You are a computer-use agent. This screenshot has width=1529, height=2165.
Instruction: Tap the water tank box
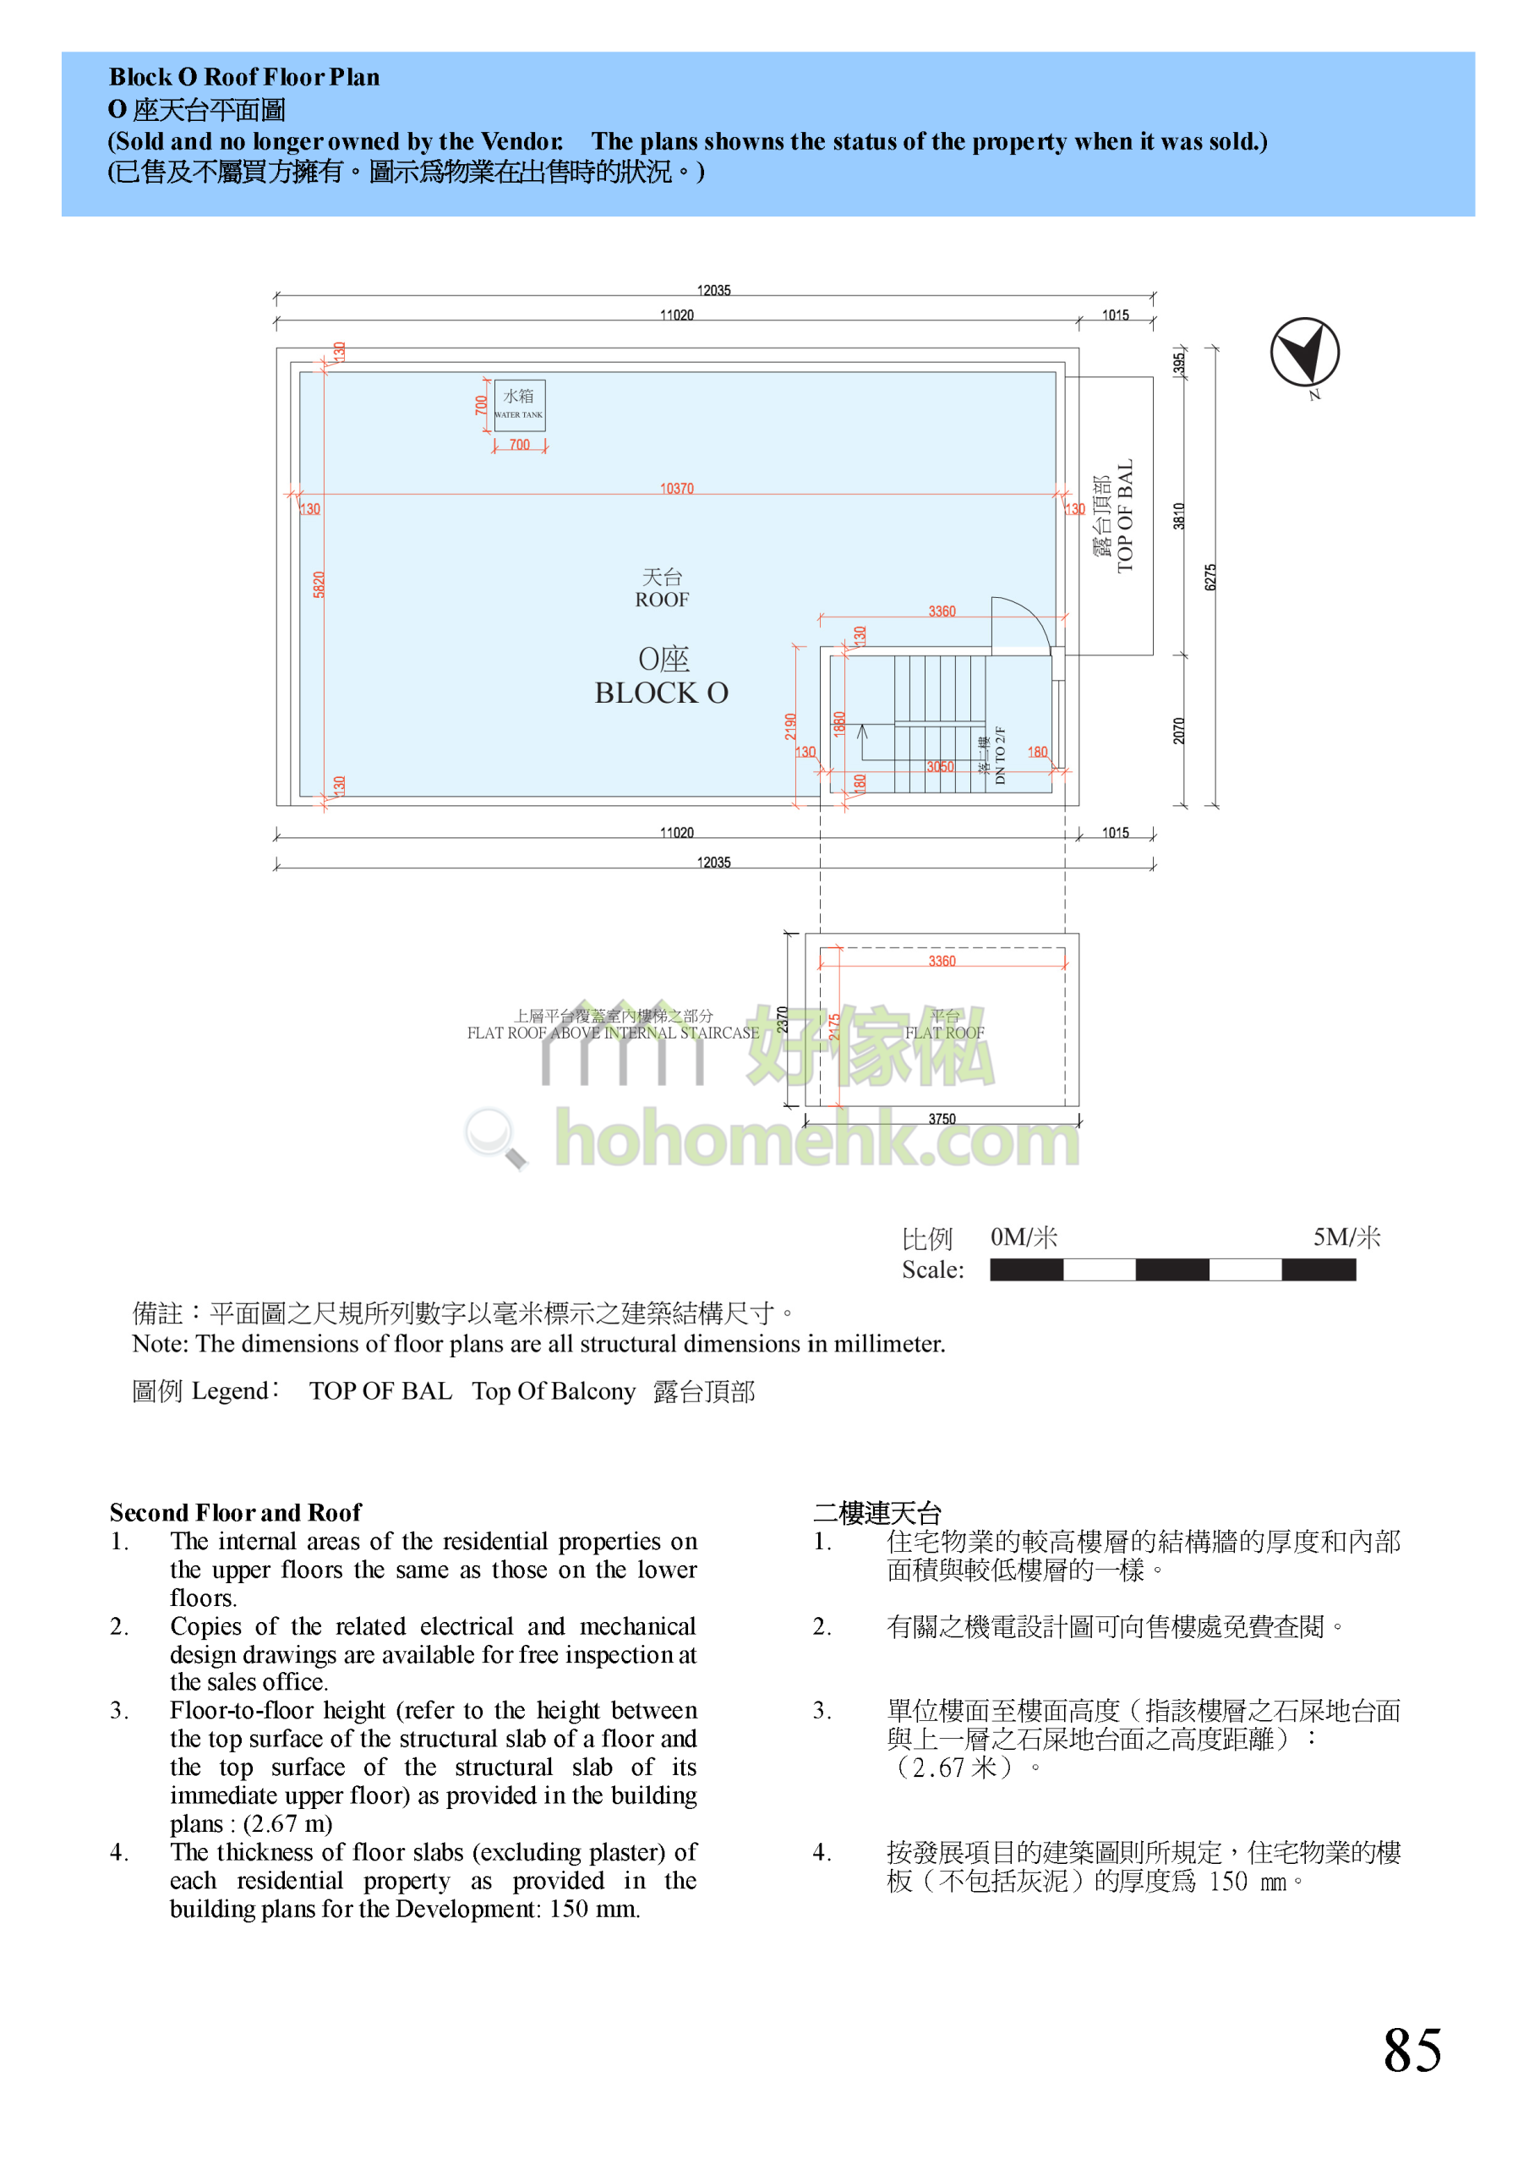click(x=520, y=405)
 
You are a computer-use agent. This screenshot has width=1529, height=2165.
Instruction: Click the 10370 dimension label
click(x=676, y=489)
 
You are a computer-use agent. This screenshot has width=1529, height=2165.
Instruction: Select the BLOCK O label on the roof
click(x=661, y=693)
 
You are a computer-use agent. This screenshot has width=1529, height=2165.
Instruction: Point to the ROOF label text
click(x=661, y=600)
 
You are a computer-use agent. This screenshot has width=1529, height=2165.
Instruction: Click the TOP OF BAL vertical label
click(x=1123, y=516)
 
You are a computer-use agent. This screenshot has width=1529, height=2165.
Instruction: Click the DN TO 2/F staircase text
click(x=999, y=755)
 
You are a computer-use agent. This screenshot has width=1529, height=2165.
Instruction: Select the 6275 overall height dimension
click(x=1210, y=577)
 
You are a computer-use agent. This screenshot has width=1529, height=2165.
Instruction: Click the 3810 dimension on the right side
click(x=1178, y=516)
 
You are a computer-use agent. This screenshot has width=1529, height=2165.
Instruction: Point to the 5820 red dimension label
click(x=319, y=584)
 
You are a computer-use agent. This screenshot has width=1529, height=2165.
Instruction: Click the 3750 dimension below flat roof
click(x=941, y=1118)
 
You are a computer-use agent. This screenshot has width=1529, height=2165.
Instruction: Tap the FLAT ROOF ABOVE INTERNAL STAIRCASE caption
click(x=613, y=1033)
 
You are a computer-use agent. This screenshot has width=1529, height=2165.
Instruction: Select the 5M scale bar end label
click(x=1346, y=1237)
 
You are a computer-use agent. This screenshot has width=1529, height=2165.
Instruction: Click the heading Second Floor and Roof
click(x=235, y=1512)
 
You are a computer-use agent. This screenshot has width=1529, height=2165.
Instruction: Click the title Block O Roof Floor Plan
click(x=244, y=77)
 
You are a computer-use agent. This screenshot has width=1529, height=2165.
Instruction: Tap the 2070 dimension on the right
click(x=1178, y=731)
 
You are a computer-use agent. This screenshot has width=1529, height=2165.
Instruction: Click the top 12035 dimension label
click(x=713, y=290)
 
